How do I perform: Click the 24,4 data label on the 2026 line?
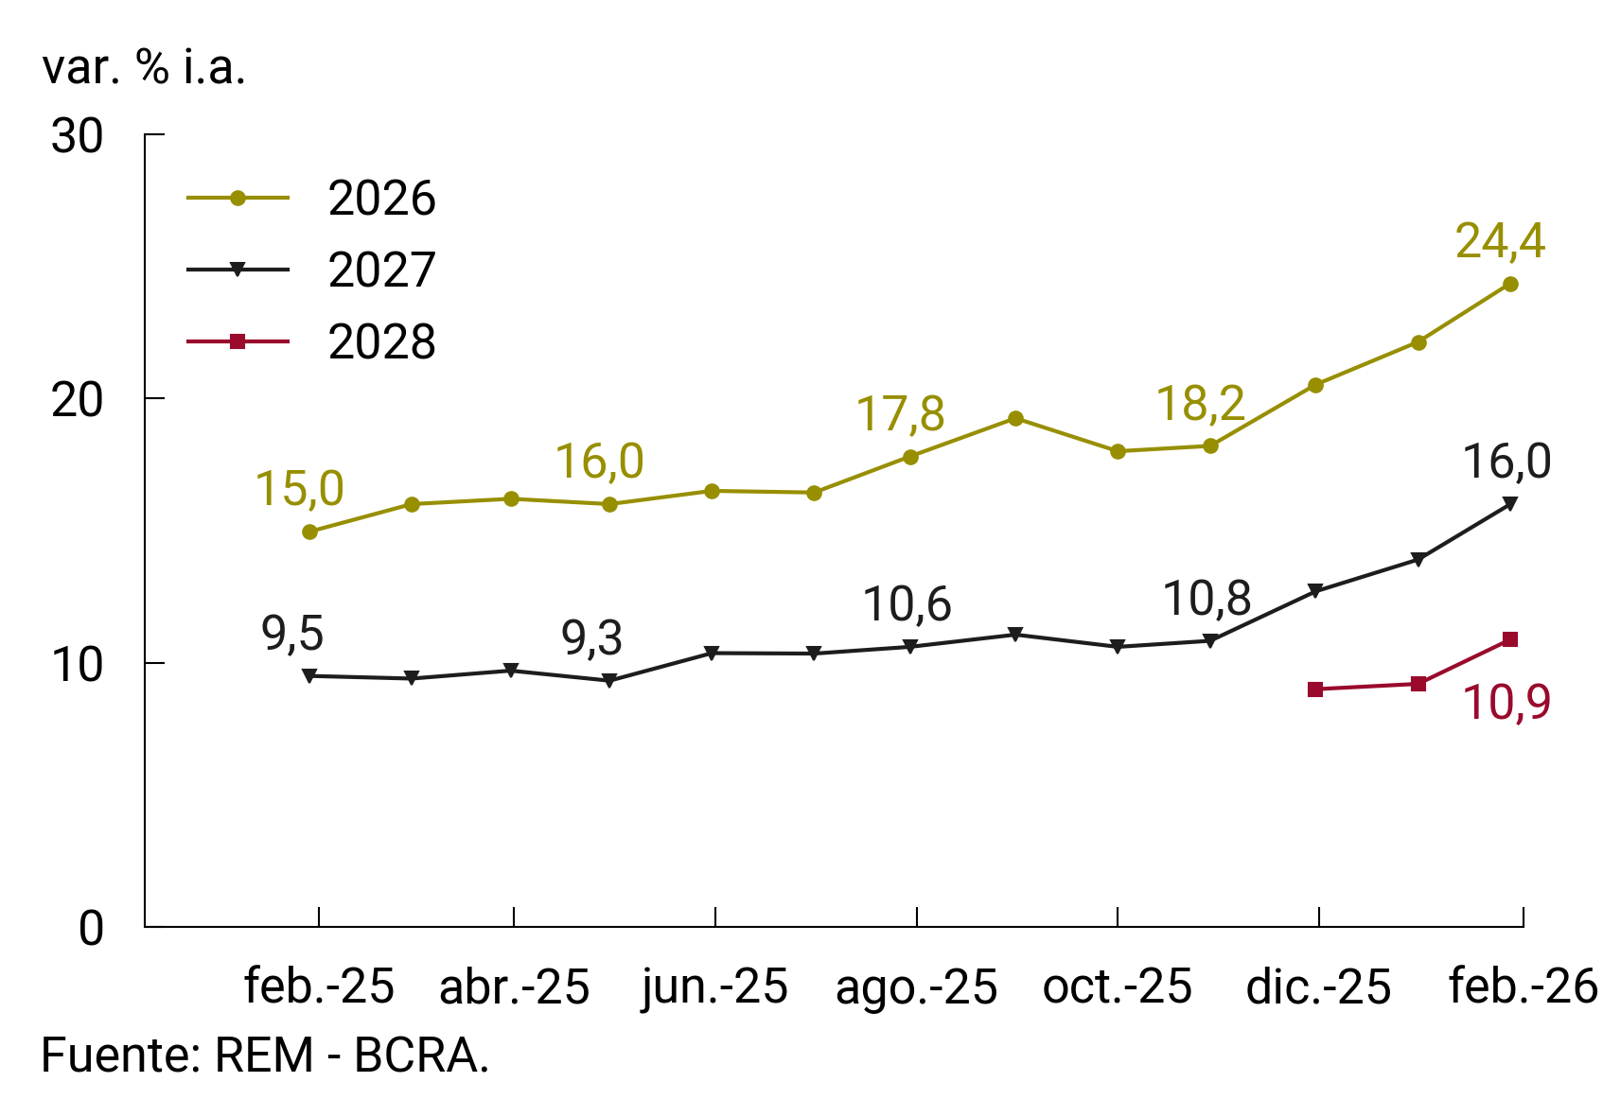[x=1500, y=241]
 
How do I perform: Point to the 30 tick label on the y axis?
[x=77, y=137]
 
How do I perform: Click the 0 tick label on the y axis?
[x=91, y=929]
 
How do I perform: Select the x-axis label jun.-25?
[x=714, y=986]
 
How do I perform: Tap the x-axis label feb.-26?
[x=1522, y=986]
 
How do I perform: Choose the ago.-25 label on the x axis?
[x=916, y=986]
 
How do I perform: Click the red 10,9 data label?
[x=1506, y=703]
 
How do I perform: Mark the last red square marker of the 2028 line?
[x=1510, y=639]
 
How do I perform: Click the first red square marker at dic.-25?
[x=1315, y=689]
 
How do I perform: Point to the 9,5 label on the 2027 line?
[x=292, y=634]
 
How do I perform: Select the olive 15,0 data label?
[x=299, y=489]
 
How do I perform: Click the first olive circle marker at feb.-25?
[x=309, y=532]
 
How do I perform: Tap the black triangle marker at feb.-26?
[x=1510, y=503]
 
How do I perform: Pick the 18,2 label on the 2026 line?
[x=1200, y=404]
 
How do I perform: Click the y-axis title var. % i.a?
[x=144, y=68]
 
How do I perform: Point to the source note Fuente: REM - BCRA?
[x=265, y=1056]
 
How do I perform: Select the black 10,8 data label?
[x=1207, y=599]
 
